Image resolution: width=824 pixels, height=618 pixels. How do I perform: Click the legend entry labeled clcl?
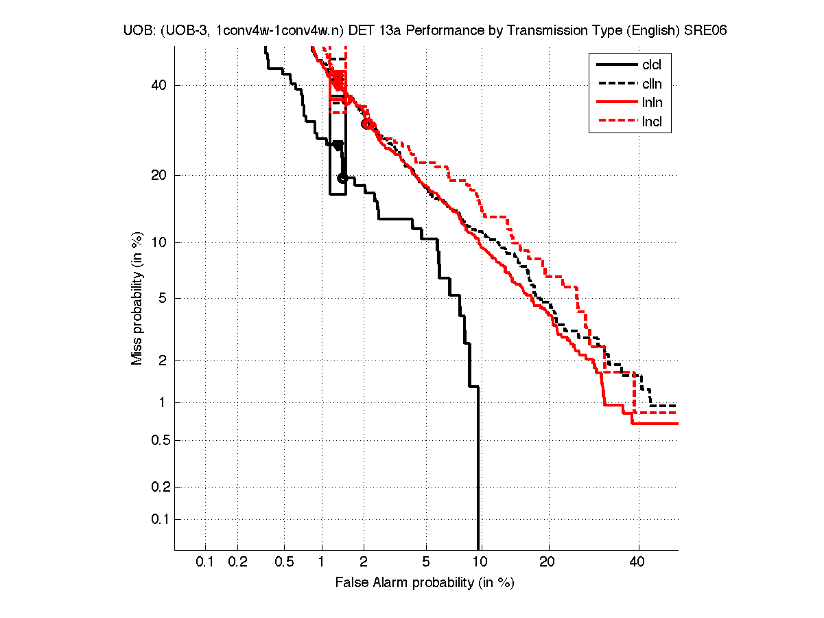[652, 65]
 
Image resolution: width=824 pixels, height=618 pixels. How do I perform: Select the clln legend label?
[652, 84]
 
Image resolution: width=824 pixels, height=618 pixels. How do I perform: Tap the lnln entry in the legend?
[652, 104]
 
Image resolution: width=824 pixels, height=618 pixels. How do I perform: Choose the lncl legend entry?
[652, 123]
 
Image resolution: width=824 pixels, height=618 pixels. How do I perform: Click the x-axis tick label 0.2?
[237, 562]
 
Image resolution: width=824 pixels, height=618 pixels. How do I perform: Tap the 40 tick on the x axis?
[637, 562]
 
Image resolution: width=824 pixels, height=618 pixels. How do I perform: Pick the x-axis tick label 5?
[426, 562]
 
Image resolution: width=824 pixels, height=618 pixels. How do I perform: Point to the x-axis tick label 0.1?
[205, 562]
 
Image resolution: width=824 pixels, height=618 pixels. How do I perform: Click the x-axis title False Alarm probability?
[424, 583]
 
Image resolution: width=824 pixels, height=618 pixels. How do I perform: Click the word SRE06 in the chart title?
[705, 31]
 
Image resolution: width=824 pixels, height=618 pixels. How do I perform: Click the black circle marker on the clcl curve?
[342, 179]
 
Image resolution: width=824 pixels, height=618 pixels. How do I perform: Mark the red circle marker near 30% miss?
[367, 124]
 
